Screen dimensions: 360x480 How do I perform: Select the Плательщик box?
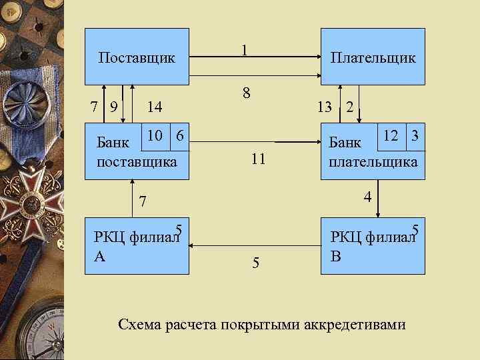pyautogui.click(x=373, y=57)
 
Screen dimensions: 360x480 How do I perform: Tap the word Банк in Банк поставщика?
pyautogui.click(x=113, y=142)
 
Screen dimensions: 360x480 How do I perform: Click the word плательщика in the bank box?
pyautogui.click(x=373, y=162)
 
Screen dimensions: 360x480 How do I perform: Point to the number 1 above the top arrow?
pyautogui.click(x=245, y=50)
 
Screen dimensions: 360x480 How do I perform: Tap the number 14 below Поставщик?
pyautogui.click(x=155, y=106)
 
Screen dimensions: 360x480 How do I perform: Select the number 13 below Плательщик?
pyautogui.click(x=325, y=106)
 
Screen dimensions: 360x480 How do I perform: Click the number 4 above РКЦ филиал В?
pyautogui.click(x=367, y=197)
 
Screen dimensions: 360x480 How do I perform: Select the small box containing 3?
pyautogui.click(x=415, y=135)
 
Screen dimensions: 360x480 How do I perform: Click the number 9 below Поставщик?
pyautogui.click(x=115, y=106)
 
